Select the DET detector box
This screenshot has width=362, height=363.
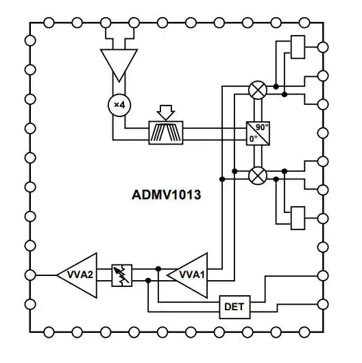click(234, 307)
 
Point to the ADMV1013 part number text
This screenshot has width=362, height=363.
click(166, 195)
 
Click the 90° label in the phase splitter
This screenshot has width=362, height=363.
click(262, 127)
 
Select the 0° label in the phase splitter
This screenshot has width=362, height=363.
click(254, 139)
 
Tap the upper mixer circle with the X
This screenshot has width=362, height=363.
click(258, 90)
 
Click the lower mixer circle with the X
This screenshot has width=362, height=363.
click(258, 175)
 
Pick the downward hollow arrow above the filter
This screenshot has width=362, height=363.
click(166, 112)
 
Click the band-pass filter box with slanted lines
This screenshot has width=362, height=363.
click(166, 133)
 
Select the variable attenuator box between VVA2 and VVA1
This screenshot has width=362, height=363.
click(122, 275)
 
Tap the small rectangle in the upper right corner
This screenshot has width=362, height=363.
click(298, 47)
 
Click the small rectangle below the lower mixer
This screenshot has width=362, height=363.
click(298, 218)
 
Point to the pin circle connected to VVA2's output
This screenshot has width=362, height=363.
click(30, 275)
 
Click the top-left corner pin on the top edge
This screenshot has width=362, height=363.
click(49, 23)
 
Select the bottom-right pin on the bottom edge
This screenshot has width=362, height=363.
click(304, 332)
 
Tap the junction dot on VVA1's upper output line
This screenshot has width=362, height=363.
click(158, 268)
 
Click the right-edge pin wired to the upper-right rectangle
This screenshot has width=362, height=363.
click(323, 47)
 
